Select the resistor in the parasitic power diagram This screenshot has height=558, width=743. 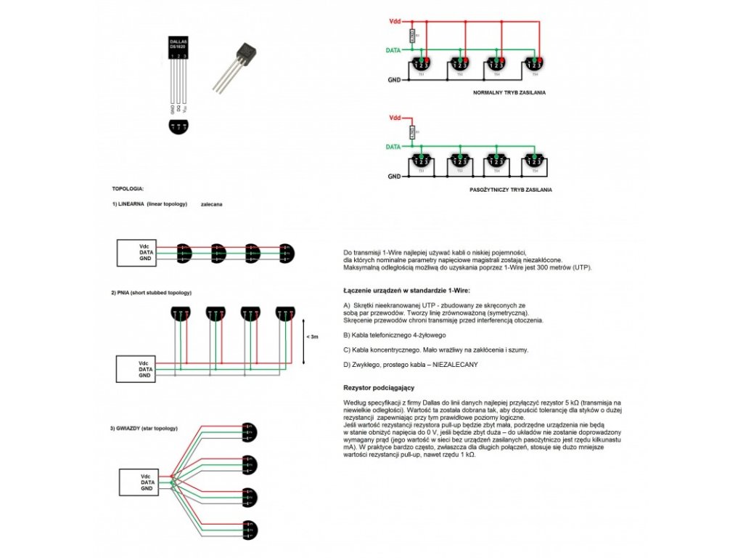412,132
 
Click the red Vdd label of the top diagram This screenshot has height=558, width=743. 395,22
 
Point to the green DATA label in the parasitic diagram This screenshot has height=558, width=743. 393,147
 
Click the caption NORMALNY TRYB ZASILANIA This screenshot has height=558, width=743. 509,93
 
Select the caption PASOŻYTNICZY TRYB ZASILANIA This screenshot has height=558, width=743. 511,189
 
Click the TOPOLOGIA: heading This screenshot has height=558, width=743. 128,188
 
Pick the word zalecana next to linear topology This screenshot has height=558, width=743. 211,204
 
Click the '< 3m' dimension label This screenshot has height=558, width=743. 311,336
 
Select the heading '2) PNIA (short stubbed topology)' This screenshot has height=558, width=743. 151,292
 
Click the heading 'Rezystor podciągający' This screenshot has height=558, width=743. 379,388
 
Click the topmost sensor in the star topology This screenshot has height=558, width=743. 249,431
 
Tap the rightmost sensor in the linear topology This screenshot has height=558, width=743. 287,252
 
